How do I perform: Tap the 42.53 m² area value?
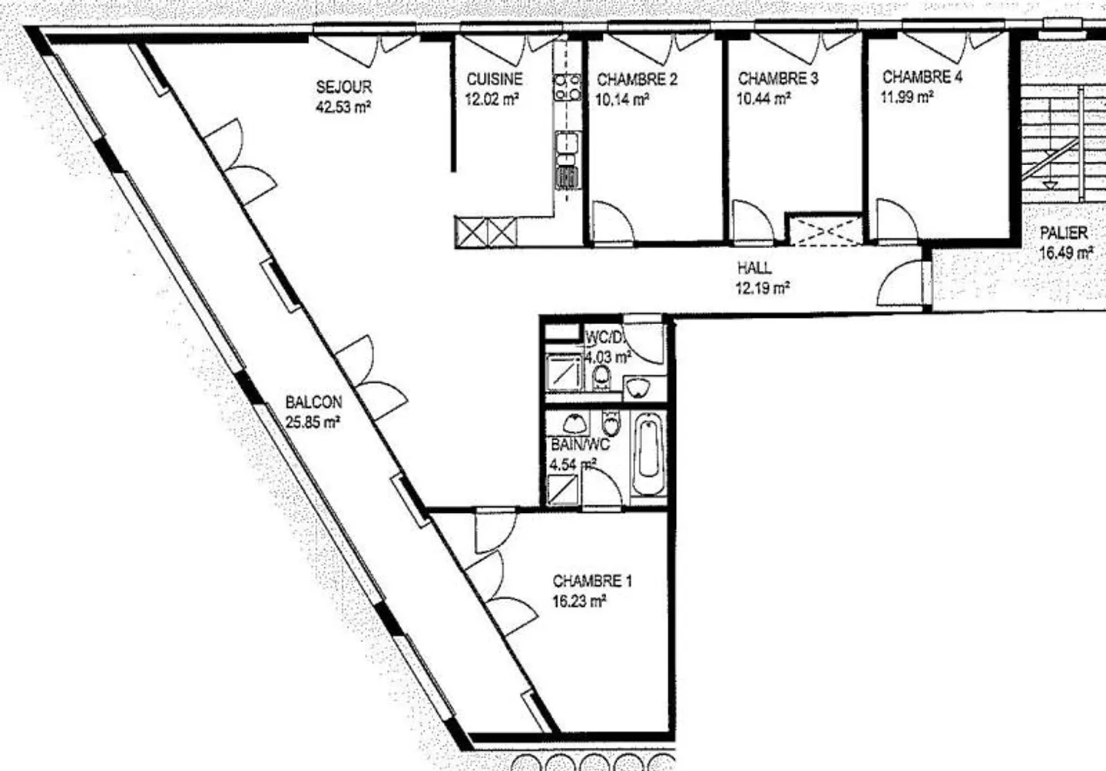click(x=343, y=107)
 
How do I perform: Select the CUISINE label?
click(x=495, y=79)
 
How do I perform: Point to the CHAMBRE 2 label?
click(x=637, y=79)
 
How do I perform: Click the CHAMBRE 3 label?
click(x=777, y=78)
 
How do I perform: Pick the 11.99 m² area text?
click(x=908, y=97)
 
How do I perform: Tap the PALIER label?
click(x=1064, y=233)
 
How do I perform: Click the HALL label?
click(x=754, y=269)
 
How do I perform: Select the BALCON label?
click(x=313, y=402)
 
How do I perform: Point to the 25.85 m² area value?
click(x=313, y=421)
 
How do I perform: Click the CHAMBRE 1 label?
click(x=592, y=581)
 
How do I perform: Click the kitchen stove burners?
click(x=568, y=87)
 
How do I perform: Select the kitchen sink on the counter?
click(x=568, y=144)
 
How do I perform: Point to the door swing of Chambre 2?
click(x=612, y=223)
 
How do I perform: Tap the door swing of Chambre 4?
click(x=896, y=221)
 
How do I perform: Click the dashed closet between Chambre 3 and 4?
click(x=826, y=231)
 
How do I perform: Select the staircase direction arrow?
click(x=1050, y=184)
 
